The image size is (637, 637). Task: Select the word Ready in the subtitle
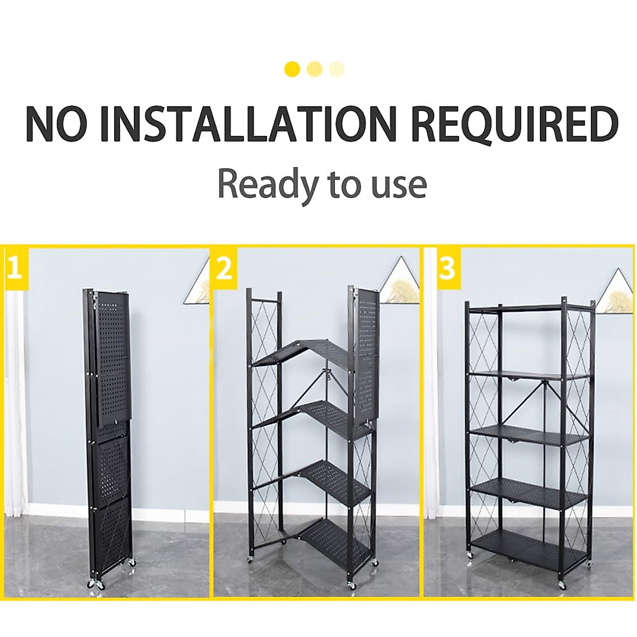[267, 184]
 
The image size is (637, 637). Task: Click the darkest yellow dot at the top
[292, 69]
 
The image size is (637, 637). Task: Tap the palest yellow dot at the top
[337, 69]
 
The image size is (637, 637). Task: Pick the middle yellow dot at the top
[315, 69]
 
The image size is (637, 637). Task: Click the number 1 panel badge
[14, 268]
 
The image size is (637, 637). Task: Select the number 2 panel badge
[225, 268]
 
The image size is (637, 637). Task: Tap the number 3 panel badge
[447, 268]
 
